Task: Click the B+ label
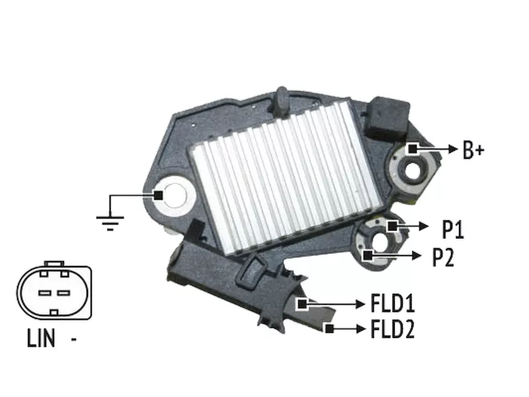point(473,150)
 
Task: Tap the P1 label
point(453,230)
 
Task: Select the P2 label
point(444,257)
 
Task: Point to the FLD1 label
point(393,303)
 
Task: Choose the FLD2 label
point(393,329)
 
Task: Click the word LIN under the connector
point(41,338)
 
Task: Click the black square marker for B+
point(413,148)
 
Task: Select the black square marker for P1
point(392,226)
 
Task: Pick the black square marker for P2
point(368,255)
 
